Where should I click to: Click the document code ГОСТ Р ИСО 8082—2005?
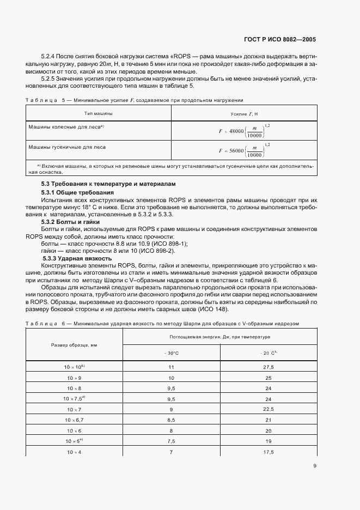[280, 40]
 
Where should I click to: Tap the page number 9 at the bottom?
[314, 465]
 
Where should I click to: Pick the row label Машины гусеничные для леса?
[67, 147]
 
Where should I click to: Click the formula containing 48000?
[244, 131]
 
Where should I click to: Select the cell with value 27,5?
[268, 368]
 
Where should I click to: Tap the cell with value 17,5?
[268, 453]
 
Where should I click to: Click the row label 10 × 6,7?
[74, 420]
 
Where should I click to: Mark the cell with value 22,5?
[268, 409]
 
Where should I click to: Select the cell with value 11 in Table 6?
[172, 368]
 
